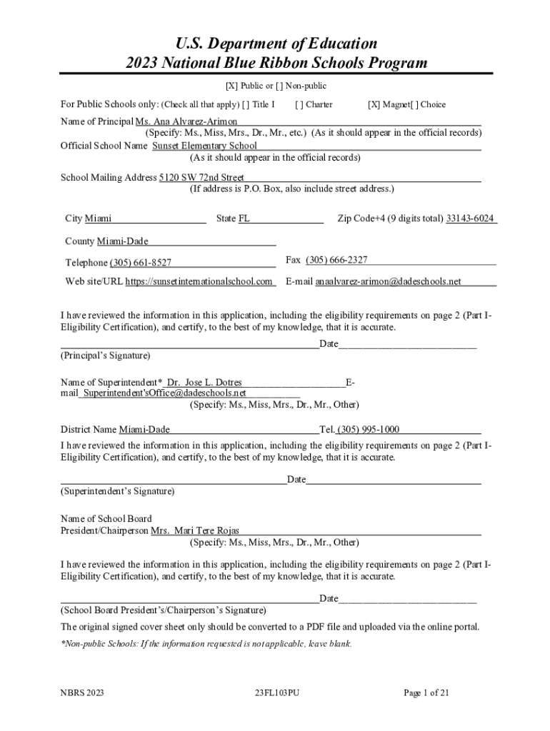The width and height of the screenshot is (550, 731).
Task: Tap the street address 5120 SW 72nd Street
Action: point(201,177)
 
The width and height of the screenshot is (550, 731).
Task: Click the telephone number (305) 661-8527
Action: point(140,263)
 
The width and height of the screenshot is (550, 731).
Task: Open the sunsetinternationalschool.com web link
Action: point(199,281)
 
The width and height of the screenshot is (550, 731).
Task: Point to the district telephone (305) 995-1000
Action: point(369,429)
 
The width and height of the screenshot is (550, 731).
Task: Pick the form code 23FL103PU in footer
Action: point(276,692)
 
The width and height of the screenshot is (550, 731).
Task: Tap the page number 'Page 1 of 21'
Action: point(426,692)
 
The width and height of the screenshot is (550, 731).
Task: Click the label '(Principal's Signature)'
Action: point(106,355)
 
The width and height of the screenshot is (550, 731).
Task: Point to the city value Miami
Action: point(98,218)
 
